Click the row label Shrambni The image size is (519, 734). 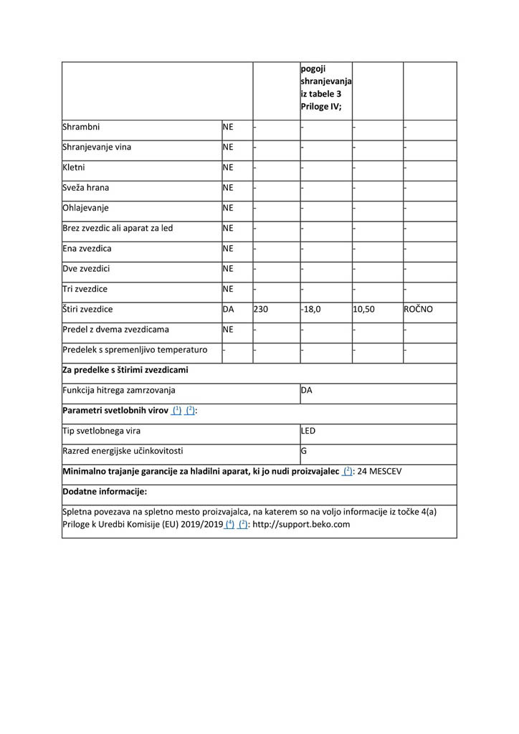tap(81, 127)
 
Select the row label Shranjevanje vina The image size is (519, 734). tap(97, 147)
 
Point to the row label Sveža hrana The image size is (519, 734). tap(86, 188)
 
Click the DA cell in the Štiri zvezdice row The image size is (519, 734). tap(229, 310)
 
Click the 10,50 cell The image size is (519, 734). tap(363, 310)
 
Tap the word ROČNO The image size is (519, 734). tap(419, 310)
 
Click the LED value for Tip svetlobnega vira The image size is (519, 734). tap(308, 431)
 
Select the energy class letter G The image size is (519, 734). tap(304, 452)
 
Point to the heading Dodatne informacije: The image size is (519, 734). tap(105, 492)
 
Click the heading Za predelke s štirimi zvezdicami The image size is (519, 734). tap(125, 370)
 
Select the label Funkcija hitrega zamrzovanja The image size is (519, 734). tap(119, 391)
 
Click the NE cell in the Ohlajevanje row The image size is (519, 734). tap(229, 208)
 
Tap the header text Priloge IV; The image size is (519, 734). tap(320, 108)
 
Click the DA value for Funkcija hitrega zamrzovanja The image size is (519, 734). tap(307, 391)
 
